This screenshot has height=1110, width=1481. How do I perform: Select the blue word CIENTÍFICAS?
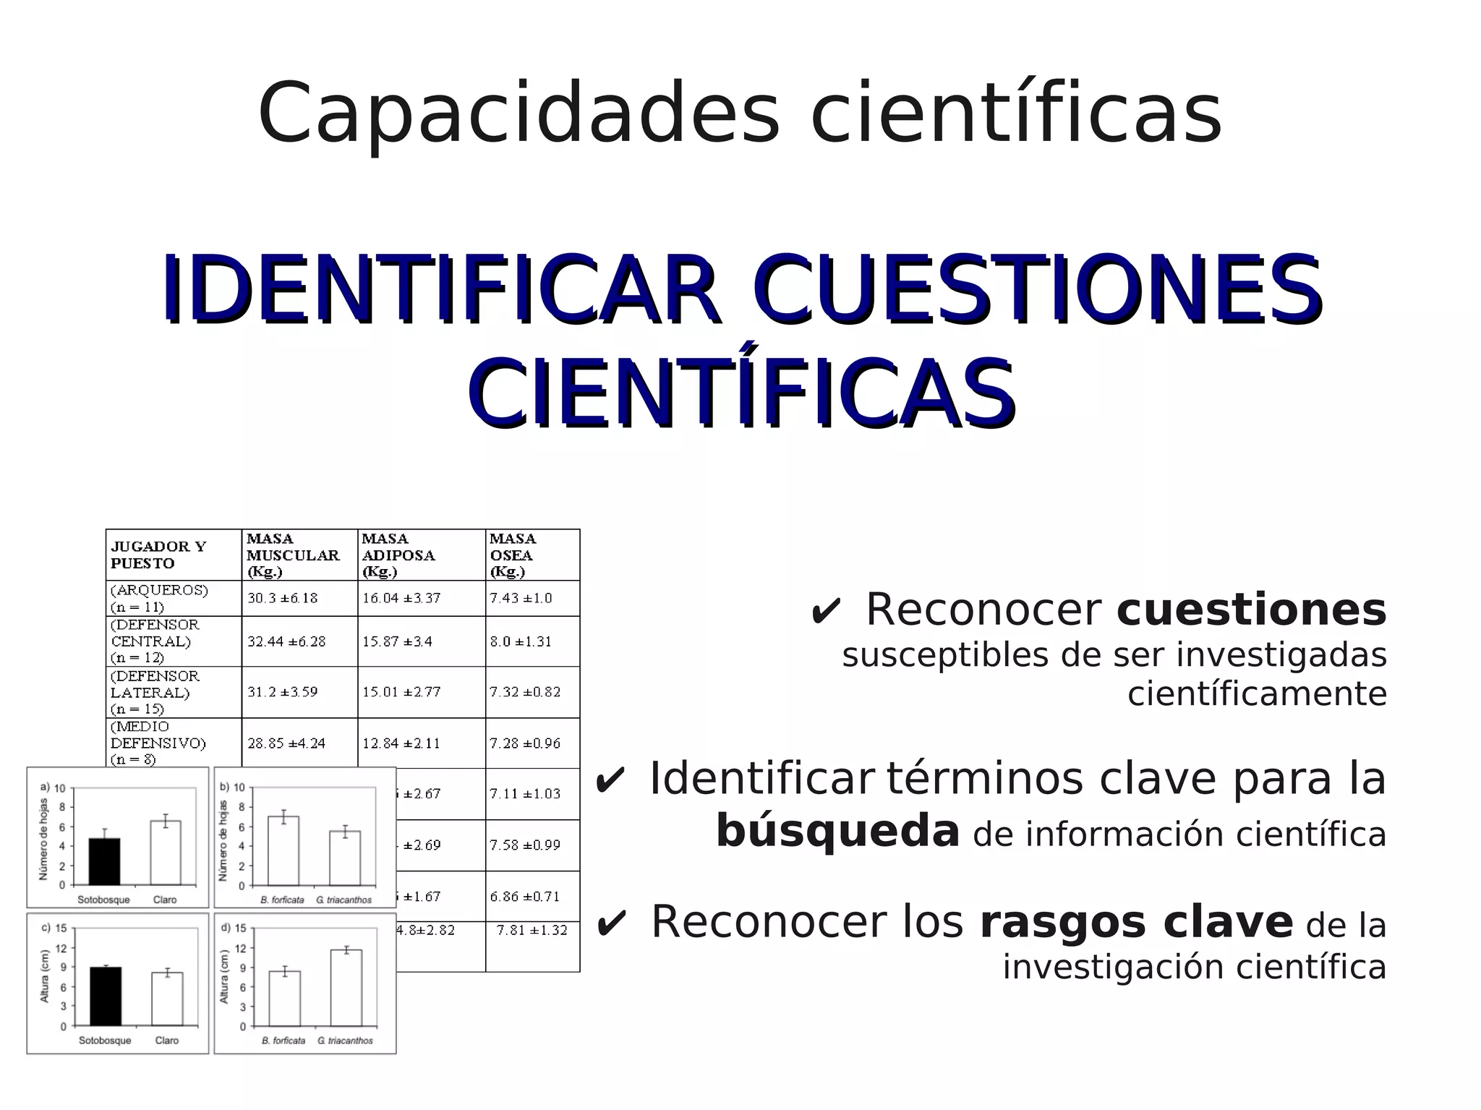(742, 394)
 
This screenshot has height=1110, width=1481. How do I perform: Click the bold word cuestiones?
(1251, 610)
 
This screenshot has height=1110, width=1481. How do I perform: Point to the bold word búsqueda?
(837, 831)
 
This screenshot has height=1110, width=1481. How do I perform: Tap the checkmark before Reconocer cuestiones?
(825, 612)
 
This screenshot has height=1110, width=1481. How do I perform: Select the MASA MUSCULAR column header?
(292, 555)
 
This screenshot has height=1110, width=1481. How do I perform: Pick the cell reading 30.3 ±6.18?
(282, 598)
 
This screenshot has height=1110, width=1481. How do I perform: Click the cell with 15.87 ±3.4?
(397, 641)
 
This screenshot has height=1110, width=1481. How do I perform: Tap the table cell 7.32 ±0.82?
(524, 692)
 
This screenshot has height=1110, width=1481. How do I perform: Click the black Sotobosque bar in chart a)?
(105, 861)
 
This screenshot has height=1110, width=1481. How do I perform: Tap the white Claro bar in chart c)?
(167, 999)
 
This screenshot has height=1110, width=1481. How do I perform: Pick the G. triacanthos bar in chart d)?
(346, 988)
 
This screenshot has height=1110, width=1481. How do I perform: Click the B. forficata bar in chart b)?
(283, 850)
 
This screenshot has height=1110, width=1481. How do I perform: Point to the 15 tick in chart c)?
(61, 928)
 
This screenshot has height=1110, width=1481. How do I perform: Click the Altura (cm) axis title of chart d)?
(224, 976)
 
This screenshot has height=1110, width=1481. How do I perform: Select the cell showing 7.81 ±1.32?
(532, 931)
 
